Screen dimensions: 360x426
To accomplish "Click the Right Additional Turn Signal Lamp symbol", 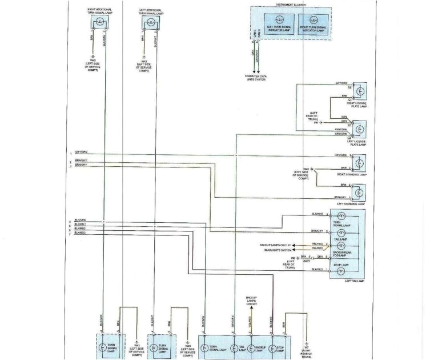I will [x=99, y=22].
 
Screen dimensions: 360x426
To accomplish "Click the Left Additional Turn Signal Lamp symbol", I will [x=150, y=23].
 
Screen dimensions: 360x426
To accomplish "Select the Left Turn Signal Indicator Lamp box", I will [x=277, y=29].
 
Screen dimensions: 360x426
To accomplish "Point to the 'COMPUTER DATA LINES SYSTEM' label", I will [x=256, y=77].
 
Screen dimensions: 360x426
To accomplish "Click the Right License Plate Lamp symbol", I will [x=360, y=91].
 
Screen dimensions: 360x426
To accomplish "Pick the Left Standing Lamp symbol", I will [x=360, y=192].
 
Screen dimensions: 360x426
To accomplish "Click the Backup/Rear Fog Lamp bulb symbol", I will [x=341, y=246].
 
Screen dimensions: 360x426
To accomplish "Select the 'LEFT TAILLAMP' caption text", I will [x=354, y=281].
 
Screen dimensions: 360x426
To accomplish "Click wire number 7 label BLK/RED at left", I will [x=79, y=233].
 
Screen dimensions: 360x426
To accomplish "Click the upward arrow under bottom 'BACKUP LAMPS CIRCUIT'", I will [x=251, y=309].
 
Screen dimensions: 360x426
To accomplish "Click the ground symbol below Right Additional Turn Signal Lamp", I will [x=93, y=56].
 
